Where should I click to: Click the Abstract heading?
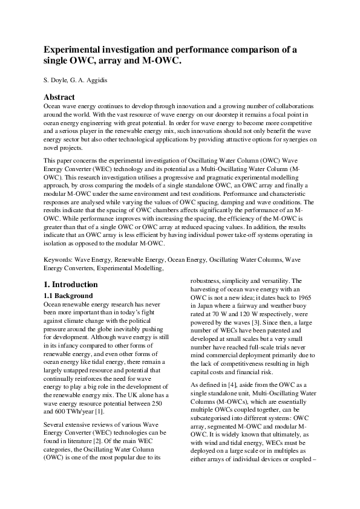pyautogui.click(x=59, y=97)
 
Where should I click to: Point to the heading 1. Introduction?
pyautogui.click(x=72, y=284)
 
